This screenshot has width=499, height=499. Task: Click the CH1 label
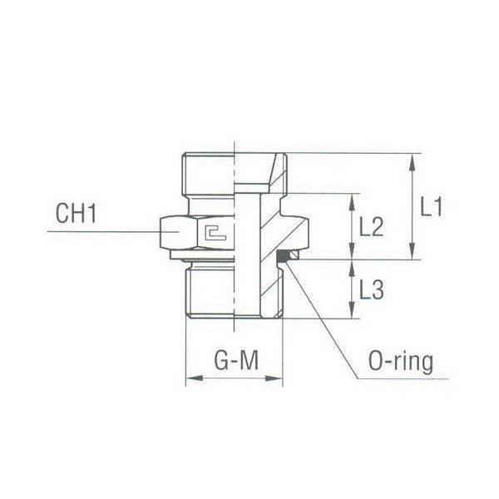(77, 215)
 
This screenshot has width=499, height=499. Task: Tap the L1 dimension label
(431, 206)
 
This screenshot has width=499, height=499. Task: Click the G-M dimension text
(235, 363)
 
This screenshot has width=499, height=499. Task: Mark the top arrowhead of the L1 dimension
(413, 159)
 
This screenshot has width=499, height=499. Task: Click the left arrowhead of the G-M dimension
(189, 380)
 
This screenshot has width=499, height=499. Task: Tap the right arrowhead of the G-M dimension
(281, 380)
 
